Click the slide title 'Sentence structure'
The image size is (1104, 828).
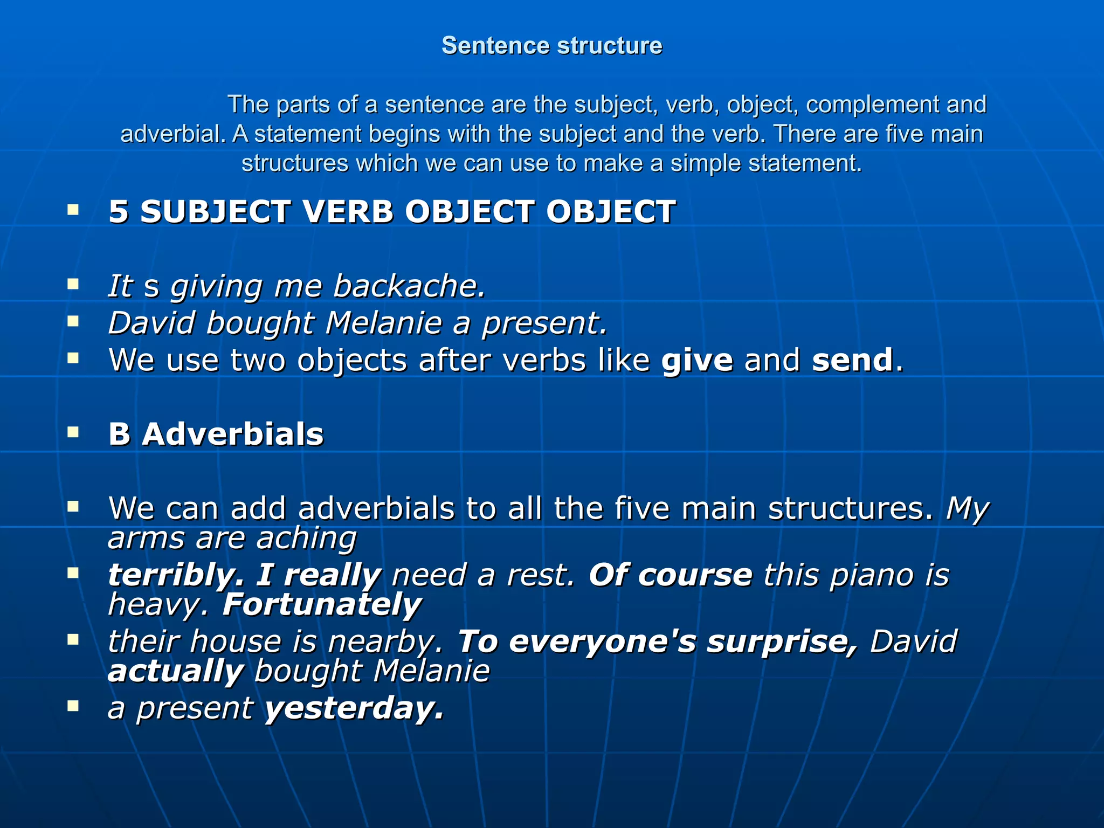(551, 46)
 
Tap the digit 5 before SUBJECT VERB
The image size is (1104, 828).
(119, 211)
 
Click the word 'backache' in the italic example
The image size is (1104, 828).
(408, 286)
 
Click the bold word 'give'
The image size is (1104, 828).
(697, 360)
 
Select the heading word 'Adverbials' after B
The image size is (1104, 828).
(233, 434)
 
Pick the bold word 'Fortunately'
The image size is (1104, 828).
(322, 604)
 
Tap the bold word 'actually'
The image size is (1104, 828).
(176, 672)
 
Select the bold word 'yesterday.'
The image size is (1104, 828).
(354, 708)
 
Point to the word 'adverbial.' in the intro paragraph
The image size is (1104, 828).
(173, 134)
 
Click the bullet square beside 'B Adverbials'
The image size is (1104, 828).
(73, 432)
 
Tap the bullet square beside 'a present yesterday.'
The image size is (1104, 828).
(73, 706)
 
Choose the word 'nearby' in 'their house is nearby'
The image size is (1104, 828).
(385, 641)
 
